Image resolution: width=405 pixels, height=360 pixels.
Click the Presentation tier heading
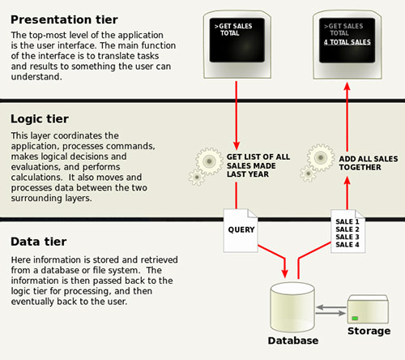pyautogui.click(x=64, y=19)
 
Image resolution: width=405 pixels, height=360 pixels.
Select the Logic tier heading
pyautogui.click(x=40, y=119)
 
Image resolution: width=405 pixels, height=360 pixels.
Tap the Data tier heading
pyautogui.click(x=39, y=242)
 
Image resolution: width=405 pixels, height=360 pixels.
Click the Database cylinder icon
pyautogui.click(x=292, y=307)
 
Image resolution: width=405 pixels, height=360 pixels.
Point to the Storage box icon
pyautogui.click(x=368, y=309)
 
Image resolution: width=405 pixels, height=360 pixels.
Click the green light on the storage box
pyautogui.click(x=355, y=318)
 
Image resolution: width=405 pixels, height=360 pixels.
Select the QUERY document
pyautogui.click(x=241, y=230)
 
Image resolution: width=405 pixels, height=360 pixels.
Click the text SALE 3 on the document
pyautogui.click(x=347, y=237)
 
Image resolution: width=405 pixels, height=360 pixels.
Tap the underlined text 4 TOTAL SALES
pyautogui.click(x=347, y=42)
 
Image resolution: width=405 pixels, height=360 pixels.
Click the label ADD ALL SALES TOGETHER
pyautogui.click(x=369, y=163)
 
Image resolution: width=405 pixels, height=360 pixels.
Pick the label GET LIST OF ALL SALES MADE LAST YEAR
pyautogui.click(x=258, y=165)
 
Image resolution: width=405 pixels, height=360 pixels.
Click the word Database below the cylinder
pyautogui.click(x=293, y=341)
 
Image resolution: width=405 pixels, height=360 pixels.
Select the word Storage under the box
pyautogui.click(x=369, y=331)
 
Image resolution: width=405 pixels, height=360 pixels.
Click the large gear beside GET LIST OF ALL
pyautogui.click(x=209, y=161)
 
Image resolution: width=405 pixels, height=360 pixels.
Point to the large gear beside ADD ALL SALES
pyautogui.click(x=321, y=157)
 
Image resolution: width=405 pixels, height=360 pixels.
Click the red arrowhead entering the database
pyautogui.click(x=284, y=273)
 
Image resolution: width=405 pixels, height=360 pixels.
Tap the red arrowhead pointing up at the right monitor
pyautogui.click(x=347, y=87)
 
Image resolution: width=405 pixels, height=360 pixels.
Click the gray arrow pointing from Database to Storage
pyautogui.click(x=330, y=313)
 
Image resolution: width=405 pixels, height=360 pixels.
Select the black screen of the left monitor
pyautogui.click(x=237, y=40)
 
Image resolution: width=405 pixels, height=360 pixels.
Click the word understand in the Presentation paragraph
pyautogui.click(x=36, y=77)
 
